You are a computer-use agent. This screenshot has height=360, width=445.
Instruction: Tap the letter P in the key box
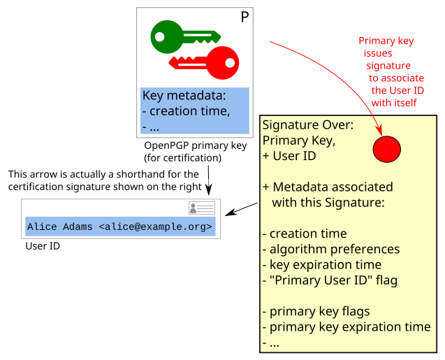pyautogui.click(x=245, y=17)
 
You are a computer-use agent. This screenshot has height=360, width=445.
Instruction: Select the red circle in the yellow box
pyautogui.click(x=386, y=148)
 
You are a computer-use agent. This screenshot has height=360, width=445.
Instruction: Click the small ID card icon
pyautogui.click(x=202, y=208)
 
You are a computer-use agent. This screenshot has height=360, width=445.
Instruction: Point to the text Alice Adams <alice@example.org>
pyautogui.click(x=119, y=226)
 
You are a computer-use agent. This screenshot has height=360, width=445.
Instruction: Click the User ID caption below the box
pyautogui.click(x=43, y=246)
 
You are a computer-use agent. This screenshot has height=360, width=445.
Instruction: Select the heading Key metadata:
pyautogui.click(x=184, y=96)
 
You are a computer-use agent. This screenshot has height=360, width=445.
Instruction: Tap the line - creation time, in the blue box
pyautogui.click(x=185, y=111)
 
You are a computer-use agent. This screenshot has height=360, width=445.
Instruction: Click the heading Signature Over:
pyautogui.click(x=308, y=125)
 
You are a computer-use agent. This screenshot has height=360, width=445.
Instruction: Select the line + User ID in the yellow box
pyautogui.click(x=289, y=156)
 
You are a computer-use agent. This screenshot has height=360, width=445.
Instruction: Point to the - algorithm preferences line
pyautogui.click(x=331, y=249)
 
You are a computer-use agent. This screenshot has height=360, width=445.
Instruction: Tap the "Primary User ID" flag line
pyautogui.click(x=330, y=280)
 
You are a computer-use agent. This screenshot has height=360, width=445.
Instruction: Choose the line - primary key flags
pyautogui.click(x=316, y=311)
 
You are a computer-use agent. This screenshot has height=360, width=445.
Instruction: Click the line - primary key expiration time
pyautogui.click(x=346, y=326)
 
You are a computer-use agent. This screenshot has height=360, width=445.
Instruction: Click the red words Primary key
pyautogui.click(x=386, y=41)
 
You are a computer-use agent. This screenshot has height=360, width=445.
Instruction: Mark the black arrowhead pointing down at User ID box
pyautogui.click(x=210, y=190)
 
